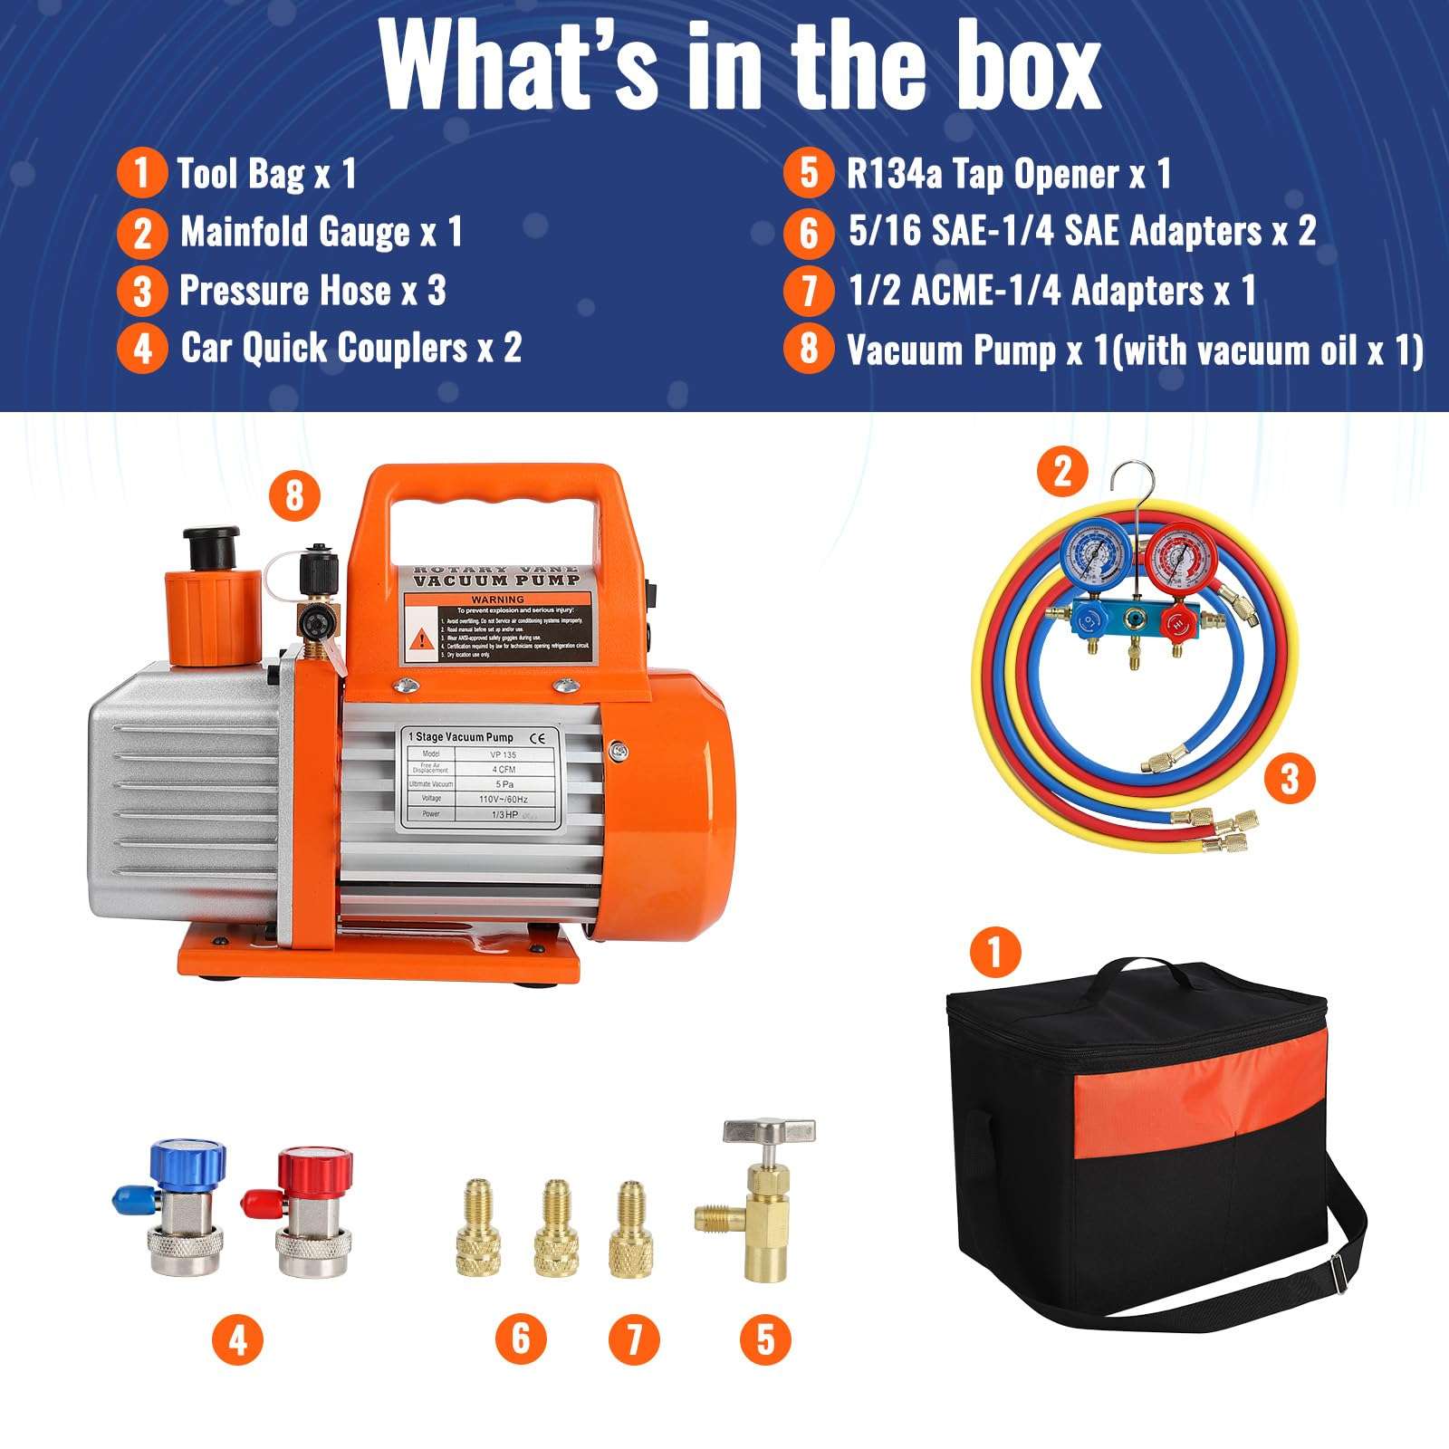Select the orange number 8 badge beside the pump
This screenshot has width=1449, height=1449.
[294, 495]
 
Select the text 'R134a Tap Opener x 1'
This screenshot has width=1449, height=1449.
[1008, 174]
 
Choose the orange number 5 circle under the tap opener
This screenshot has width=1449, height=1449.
[765, 1339]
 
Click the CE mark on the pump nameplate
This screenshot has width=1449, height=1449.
[537, 737]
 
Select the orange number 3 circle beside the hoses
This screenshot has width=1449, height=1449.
[1290, 778]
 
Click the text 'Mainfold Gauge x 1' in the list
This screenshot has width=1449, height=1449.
[321, 232]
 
